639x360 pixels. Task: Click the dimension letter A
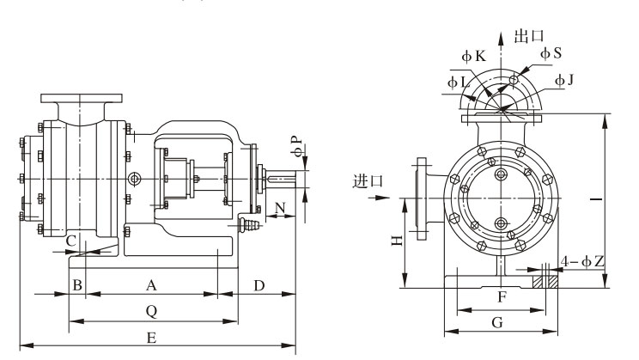(x=151, y=284)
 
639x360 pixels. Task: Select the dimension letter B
(x=77, y=284)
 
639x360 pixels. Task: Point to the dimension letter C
(x=71, y=240)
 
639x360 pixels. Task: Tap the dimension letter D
(x=258, y=284)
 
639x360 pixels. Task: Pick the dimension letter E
(x=151, y=337)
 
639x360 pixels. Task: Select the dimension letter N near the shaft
(x=280, y=206)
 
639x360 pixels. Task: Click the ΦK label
(x=474, y=56)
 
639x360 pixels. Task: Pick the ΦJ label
(x=565, y=81)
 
